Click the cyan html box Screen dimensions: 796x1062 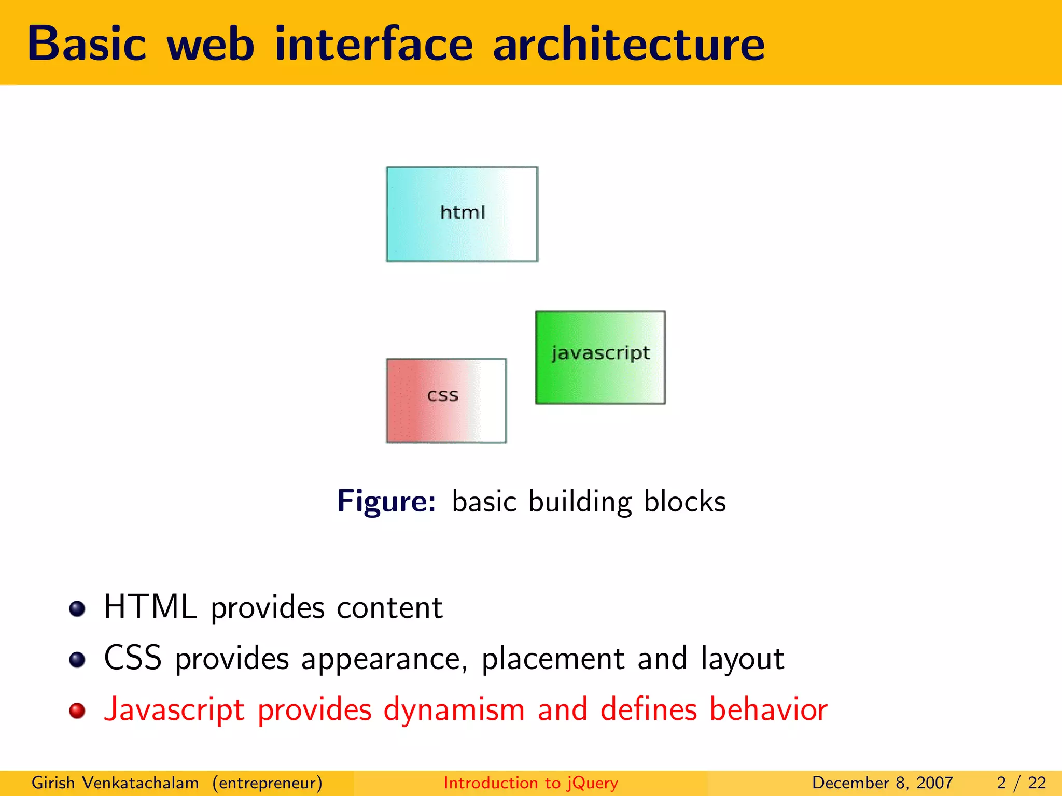(x=462, y=214)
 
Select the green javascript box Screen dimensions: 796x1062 (x=600, y=358)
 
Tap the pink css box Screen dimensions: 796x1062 (x=446, y=400)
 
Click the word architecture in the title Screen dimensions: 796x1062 (x=628, y=44)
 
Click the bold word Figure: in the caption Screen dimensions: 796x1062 (x=386, y=501)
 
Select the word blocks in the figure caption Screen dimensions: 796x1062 (x=684, y=501)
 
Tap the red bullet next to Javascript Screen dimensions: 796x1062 (x=77, y=710)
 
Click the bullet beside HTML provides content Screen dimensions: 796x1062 (x=77, y=608)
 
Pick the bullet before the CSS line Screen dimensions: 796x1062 (x=77, y=660)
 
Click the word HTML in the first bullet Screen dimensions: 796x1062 (x=150, y=607)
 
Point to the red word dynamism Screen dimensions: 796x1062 (x=454, y=709)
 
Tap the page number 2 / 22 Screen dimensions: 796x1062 (x=1021, y=783)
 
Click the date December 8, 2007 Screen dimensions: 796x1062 (x=882, y=783)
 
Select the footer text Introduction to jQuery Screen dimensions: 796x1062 (x=530, y=783)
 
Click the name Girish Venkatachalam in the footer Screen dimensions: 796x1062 (x=115, y=783)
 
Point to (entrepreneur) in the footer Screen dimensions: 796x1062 (x=267, y=783)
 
